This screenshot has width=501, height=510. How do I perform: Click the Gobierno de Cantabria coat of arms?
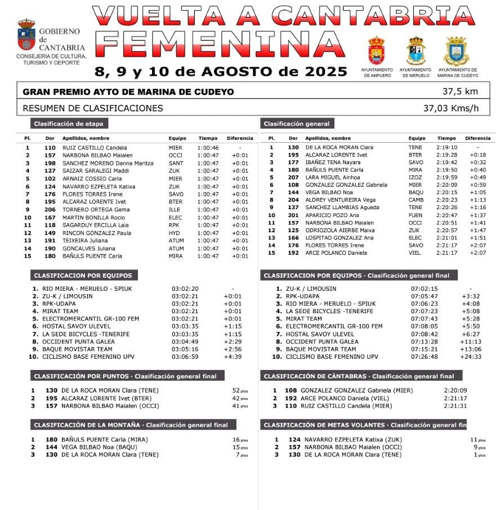(x=26, y=35)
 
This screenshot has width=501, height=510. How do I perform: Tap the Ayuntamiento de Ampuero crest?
(x=377, y=51)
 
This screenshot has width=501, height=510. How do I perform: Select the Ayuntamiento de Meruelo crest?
(x=416, y=51)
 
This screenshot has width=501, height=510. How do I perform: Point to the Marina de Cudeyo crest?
(x=457, y=51)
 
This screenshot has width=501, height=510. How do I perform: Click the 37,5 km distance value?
(x=459, y=92)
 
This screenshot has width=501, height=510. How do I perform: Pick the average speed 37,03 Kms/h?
(x=451, y=109)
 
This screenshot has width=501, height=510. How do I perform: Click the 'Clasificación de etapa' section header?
(x=68, y=124)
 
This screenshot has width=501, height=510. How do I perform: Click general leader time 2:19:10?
(x=446, y=148)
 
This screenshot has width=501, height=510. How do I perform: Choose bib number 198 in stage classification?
(x=50, y=163)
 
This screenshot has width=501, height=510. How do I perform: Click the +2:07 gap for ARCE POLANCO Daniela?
(x=478, y=253)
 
